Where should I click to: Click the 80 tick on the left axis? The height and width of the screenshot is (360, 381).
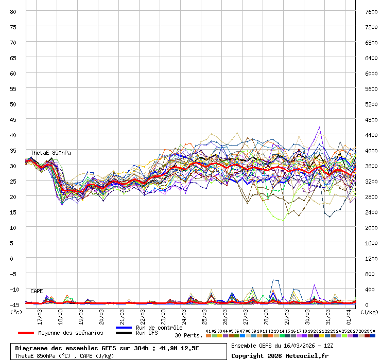13,11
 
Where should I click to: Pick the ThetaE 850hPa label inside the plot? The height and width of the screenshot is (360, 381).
50,153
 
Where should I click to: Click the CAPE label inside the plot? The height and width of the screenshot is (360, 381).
37,291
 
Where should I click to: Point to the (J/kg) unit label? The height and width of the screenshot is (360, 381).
369,312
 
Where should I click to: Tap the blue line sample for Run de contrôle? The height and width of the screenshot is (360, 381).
124,328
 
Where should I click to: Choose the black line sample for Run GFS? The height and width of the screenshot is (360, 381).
124,333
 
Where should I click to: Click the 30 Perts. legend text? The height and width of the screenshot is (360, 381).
188,335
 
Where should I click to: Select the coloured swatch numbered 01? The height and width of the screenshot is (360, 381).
209,335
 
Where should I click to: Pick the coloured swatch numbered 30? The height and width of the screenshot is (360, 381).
373,335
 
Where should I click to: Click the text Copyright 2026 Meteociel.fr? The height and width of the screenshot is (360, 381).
280,355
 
